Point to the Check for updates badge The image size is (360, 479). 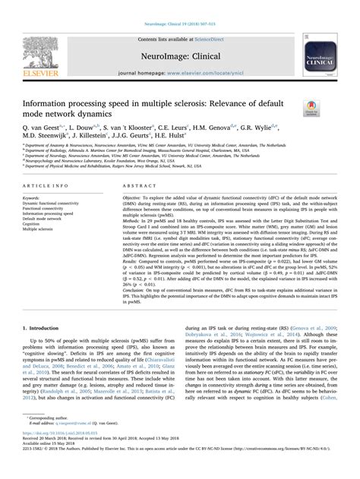311,109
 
